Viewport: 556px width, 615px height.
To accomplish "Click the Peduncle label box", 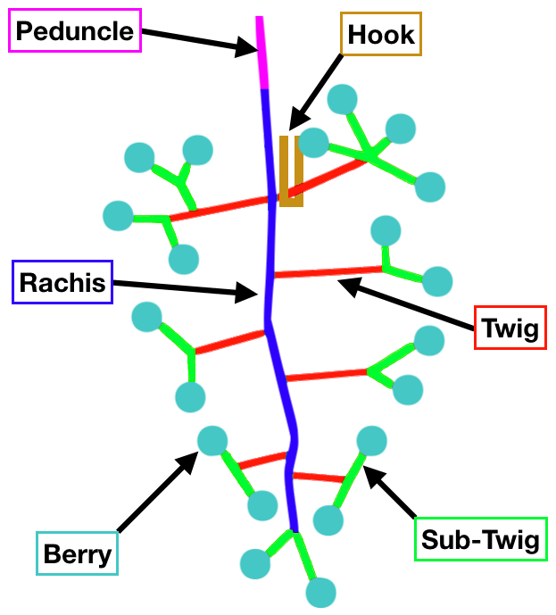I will click(x=75, y=31).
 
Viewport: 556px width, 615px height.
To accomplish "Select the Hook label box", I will click(x=381, y=35).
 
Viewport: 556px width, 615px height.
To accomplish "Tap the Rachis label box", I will click(x=62, y=283).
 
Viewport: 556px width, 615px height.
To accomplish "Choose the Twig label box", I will click(x=510, y=328).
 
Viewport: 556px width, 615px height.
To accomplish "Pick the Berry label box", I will click(x=77, y=553).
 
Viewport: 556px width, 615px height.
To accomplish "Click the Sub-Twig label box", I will click(x=481, y=539).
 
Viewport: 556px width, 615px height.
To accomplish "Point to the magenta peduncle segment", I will click(x=261, y=54).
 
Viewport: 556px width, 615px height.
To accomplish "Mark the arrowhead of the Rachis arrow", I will click(x=253, y=292).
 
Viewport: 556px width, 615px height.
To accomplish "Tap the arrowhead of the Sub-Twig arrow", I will click(x=369, y=472).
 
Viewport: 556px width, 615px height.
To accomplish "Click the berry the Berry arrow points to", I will click(x=212, y=440).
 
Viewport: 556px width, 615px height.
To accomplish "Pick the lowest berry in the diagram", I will click(x=320, y=591).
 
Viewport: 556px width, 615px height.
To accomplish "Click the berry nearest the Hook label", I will click(x=344, y=99).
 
